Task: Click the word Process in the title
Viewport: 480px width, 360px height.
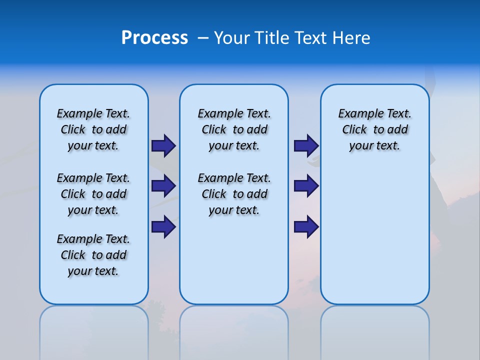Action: click(x=154, y=38)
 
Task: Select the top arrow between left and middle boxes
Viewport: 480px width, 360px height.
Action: click(x=163, y=145)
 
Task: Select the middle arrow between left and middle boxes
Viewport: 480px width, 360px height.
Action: click(x=163, y=186)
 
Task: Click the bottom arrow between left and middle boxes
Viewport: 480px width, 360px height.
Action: click(x=163, y=226)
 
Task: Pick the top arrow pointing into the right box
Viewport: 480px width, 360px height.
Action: click(x=306, y=145)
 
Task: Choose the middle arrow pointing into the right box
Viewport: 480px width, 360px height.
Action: click(x=306, y=186)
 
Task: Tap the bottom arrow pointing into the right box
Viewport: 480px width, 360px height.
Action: click(x=306, y=226)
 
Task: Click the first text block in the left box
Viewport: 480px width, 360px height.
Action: click(x=93, y=129)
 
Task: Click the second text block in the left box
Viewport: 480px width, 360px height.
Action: click(x=93, y=194)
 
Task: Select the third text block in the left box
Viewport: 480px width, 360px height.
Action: click(x=93, y=255)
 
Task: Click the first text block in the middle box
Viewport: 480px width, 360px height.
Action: click(x=234, y=129)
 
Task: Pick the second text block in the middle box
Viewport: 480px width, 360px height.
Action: click(x=234, y=194)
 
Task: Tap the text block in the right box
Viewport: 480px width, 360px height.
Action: click(x=374, y=129)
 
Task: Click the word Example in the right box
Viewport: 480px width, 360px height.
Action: click(x=356, y=114)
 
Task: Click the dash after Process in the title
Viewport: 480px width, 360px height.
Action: click(x=203, y=38)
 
